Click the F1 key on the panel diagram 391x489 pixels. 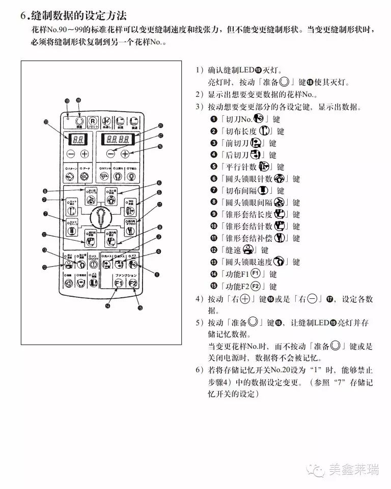click(x=119, y=284)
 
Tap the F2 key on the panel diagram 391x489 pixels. click(x=133, y=284)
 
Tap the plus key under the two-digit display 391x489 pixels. click(x=84, y=153)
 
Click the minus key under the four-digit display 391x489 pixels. click(x=110, y=153)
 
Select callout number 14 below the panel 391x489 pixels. click(x=107, y=306)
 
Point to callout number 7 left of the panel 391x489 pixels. click(x=45, y=214)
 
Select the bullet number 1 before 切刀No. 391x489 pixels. click(x=214, y=119)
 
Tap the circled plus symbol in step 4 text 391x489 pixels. click(x=247, y=299)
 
